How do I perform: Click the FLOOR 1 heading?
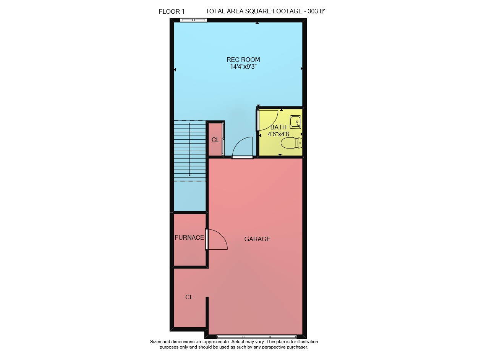click(x=172, y=11)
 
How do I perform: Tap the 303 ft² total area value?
click(x=316, y=11)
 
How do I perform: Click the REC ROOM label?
click(x=243, y=60)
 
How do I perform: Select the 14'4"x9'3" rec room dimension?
click(x=243, y=66)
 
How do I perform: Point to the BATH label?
click(x=279, y=127)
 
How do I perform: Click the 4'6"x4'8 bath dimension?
click(x=279, y=134)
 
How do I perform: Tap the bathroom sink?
click(x=295, y=122)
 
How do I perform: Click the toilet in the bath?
click(x=291, y=143)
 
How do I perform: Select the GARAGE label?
click(x=257, y=239)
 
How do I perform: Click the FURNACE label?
click(x=189, y=237)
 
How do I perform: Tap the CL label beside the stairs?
click(x=215, y=140)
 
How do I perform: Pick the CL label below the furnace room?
click(x=189, y=297)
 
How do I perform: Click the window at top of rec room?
click(x=193, y=20)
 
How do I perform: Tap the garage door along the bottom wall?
click(x=256, y=337)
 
